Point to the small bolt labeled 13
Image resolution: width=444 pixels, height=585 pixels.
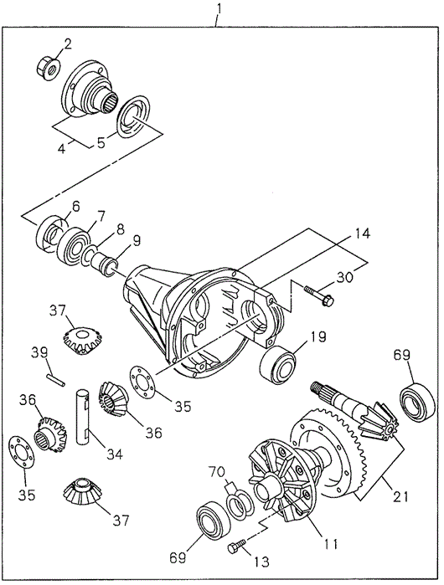[x=236, y=545]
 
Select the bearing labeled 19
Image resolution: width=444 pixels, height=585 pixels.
[x=278, y=365]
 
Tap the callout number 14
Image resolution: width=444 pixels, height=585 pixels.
[x=359, y=234]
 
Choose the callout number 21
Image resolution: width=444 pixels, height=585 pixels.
[x=400, y=496]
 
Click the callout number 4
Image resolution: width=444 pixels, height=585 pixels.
[x=62, y=148]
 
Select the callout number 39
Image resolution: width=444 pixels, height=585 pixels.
[x=39, y=352]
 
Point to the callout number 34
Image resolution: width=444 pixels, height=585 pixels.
[x=114, y=454]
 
